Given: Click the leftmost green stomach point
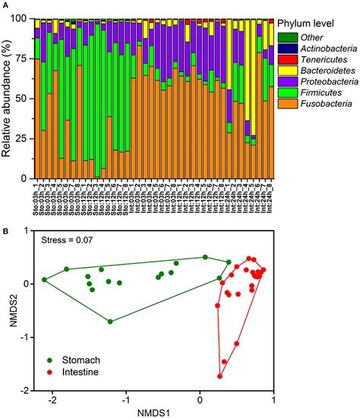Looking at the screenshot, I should click(44, 280).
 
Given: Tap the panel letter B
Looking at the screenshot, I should click(4, 225).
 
